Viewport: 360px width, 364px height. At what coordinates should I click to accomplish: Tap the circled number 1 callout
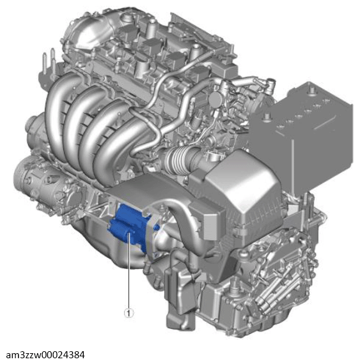[x=129, y=313]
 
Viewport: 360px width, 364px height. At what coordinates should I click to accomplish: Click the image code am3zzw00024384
[x=45, y=355]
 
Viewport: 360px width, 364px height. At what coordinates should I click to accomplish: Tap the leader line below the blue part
[x=129, y=271]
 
